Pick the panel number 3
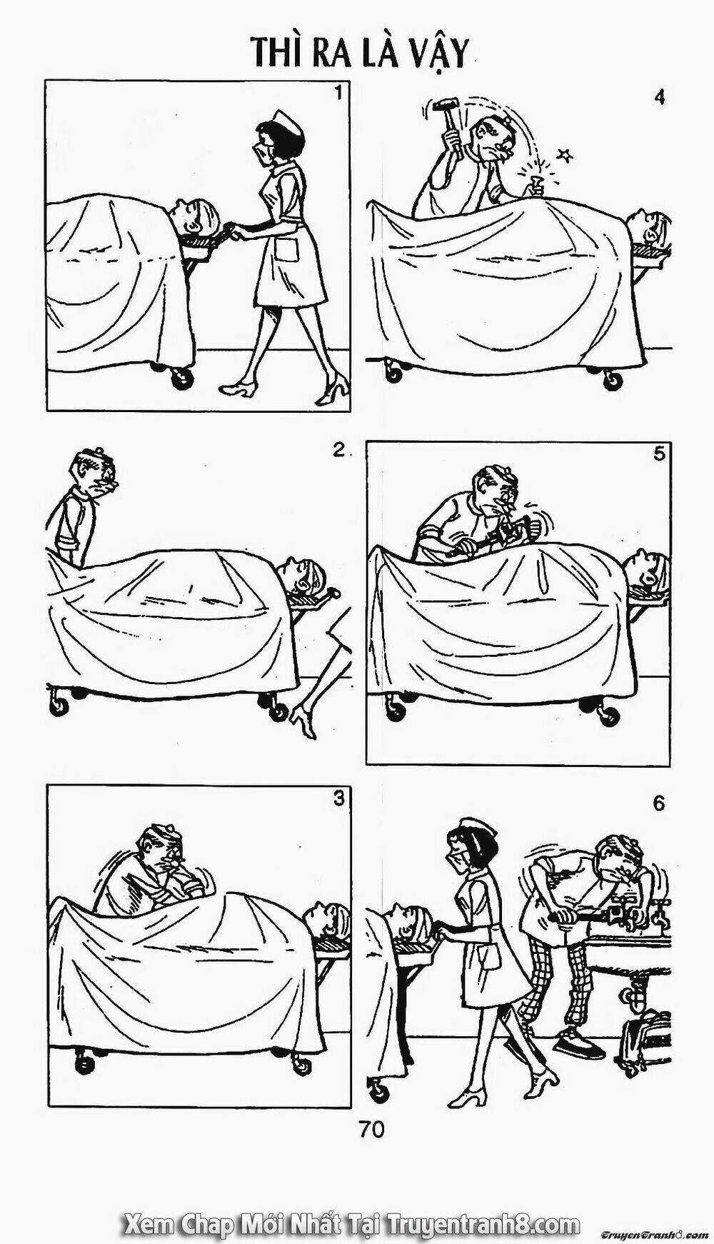coord(338,799)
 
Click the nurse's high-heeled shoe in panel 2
coord(303,718)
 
